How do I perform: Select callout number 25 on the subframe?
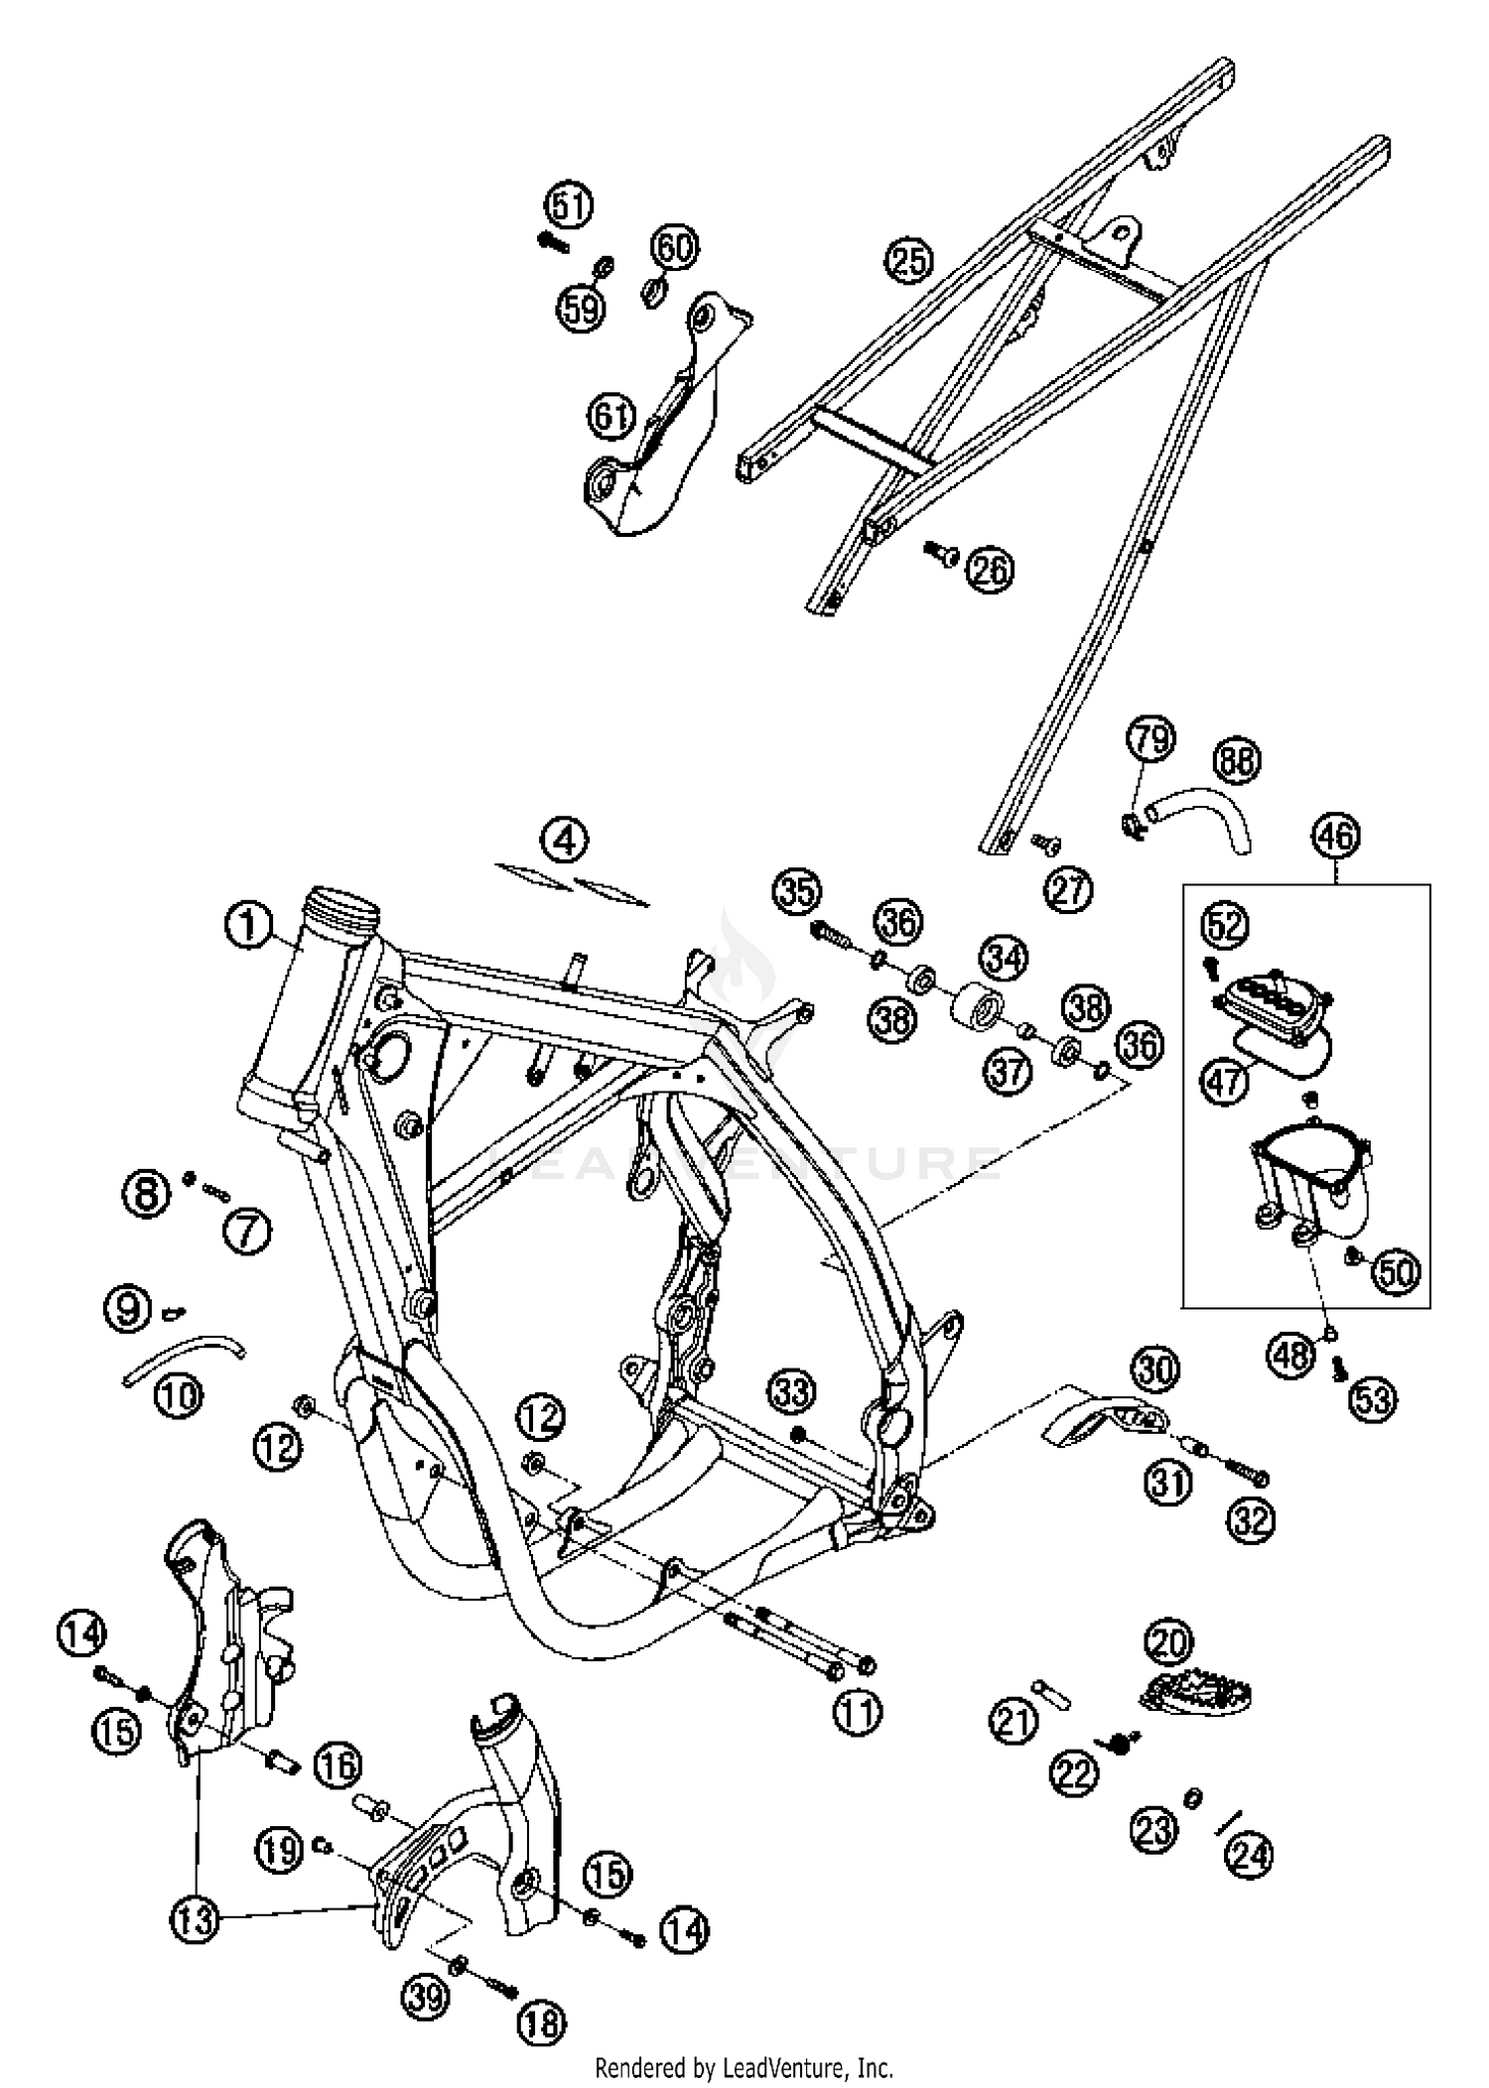[x=909, y=260]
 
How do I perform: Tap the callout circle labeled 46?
[x=1335, y=836]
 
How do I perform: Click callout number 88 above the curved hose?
[x=1236, y=761]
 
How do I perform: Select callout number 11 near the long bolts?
[x=857, y=1712]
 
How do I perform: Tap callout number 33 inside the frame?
[x=792, y=1392]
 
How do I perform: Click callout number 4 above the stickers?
[x=565, y=841]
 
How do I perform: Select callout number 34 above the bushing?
[x=1005, y=958]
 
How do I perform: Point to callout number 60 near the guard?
[x=675, y=247]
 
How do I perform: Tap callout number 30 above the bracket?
[x=1154, y=1370]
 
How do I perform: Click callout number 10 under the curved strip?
[x=179, y=1396]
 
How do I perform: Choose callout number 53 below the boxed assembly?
[x=1372, y=1398]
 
